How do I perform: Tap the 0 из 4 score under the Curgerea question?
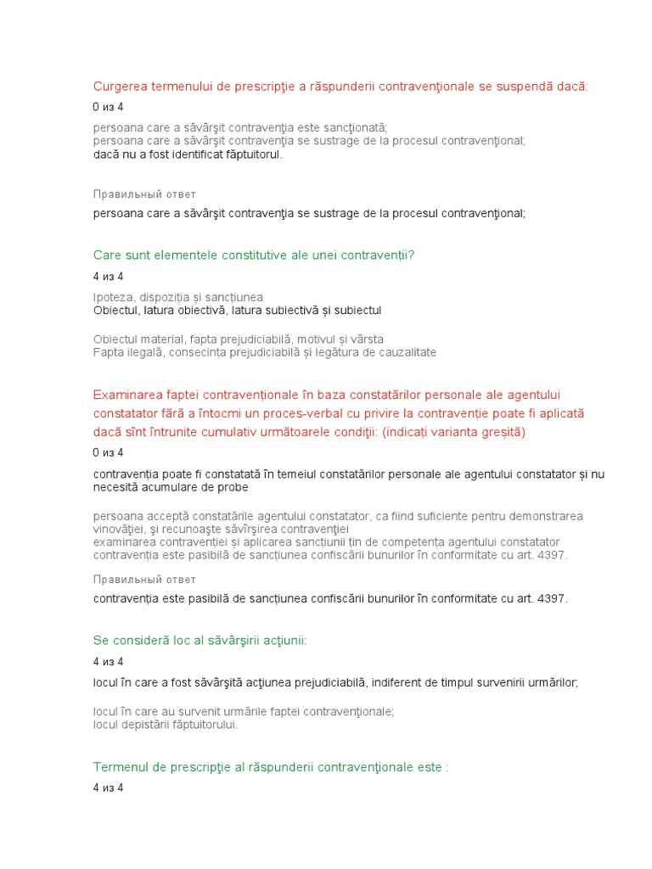pos(108,107)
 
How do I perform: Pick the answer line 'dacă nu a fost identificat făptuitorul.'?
pos(188,154)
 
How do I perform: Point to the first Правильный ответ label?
pos(144,194)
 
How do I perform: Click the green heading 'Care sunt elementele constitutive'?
pos(253,255)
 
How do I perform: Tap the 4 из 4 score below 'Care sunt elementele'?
pos(108,277)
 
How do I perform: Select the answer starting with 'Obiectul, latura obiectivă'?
pos(238,311)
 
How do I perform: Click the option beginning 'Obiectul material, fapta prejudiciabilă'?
pos(238,339)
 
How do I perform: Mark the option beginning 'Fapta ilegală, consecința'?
pos(265,352)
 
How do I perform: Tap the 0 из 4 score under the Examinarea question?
pos(108,452)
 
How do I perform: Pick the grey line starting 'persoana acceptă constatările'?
pos(338,515)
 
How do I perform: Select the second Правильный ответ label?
pos(144,579)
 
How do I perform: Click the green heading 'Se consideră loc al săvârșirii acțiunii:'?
pos(200,640)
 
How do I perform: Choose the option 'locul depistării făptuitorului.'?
pos(166,725)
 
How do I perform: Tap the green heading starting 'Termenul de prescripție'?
pos(270,767)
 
